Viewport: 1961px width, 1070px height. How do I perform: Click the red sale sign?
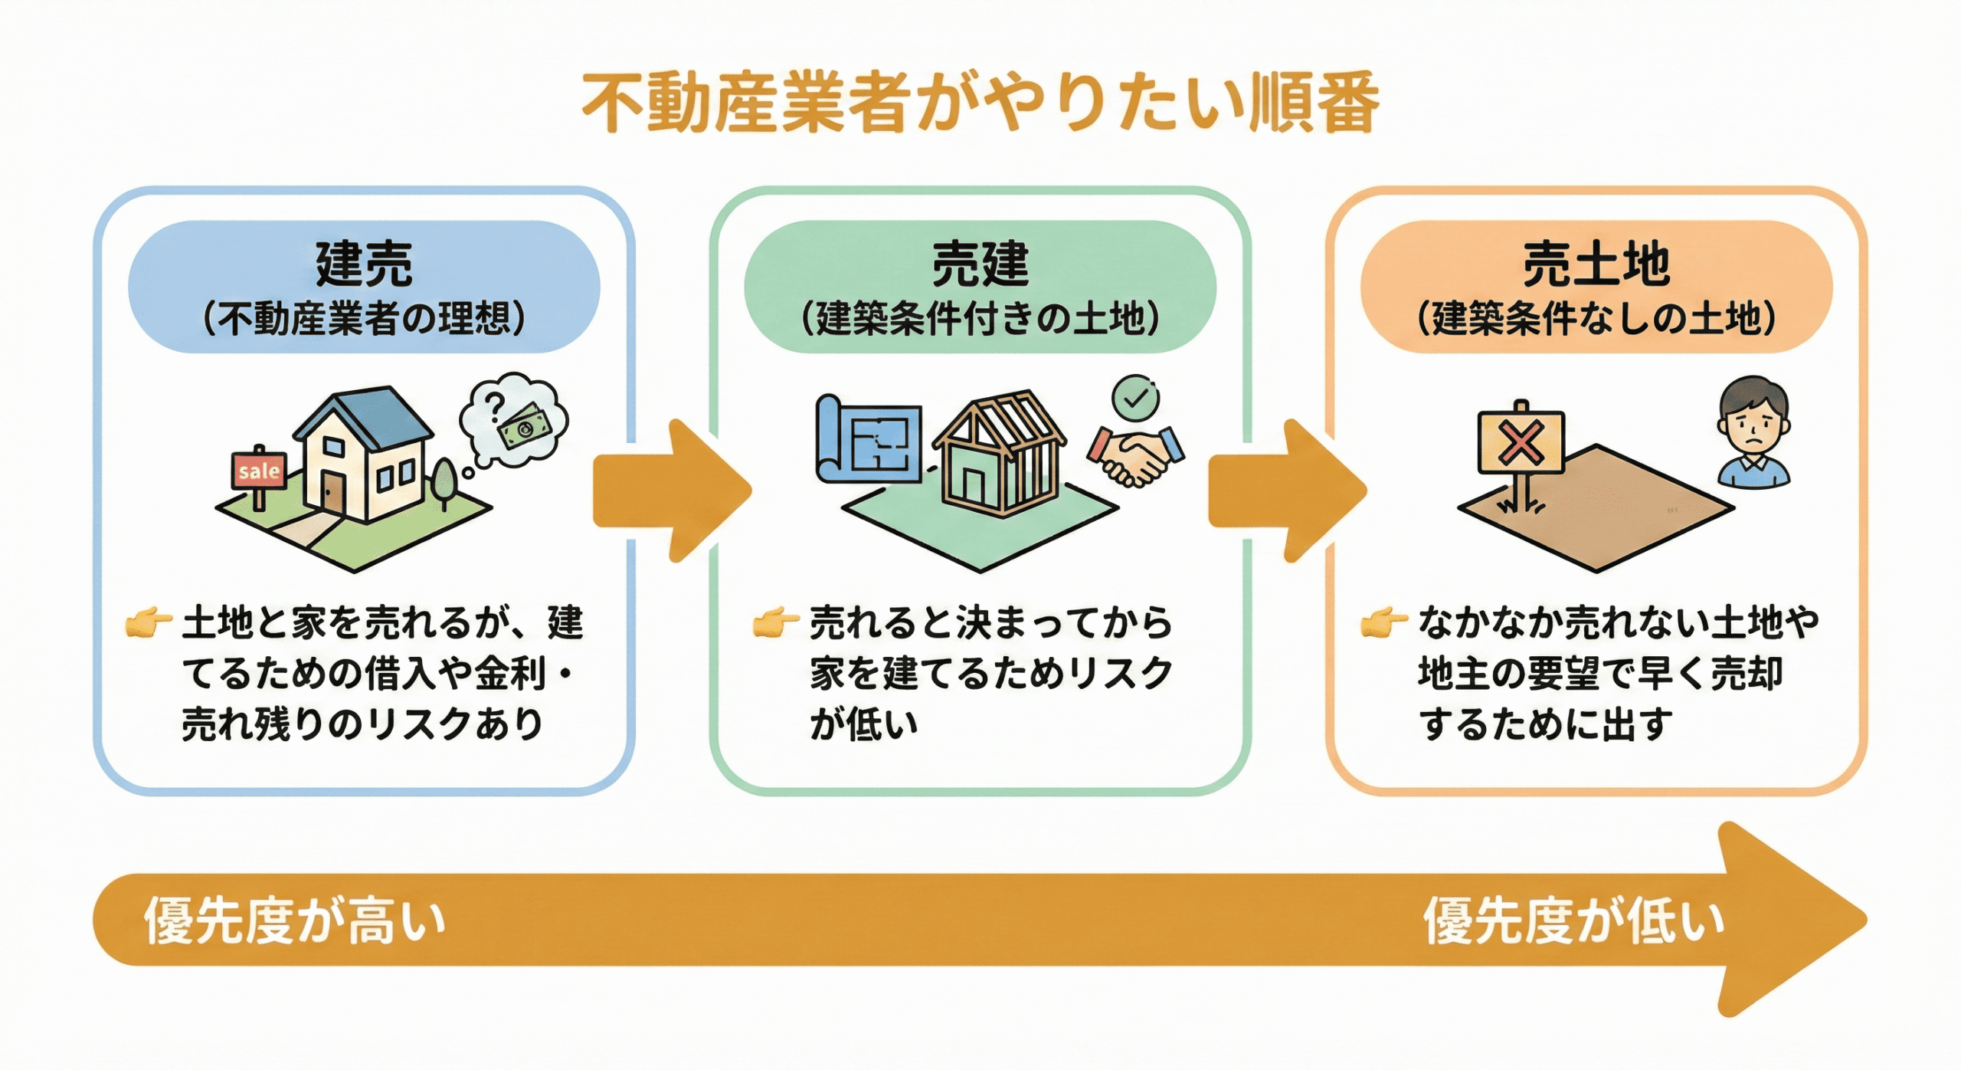click(259, 471)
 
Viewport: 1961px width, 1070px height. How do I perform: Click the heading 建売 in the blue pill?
click(364, 264)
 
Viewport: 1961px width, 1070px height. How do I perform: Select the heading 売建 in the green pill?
click(980, 264)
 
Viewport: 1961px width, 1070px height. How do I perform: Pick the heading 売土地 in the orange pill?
click(1596, 264)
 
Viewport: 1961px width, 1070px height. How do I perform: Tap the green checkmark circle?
click(1135, 398)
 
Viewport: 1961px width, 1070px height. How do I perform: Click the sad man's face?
click(1753, 422)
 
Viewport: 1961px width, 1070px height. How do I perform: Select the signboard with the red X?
click(1521, 444)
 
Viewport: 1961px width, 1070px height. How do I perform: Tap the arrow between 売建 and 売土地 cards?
click(1284, 491)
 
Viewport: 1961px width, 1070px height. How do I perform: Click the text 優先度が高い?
click(295, 920)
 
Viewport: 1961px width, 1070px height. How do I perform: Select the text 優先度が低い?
click(1574, 920)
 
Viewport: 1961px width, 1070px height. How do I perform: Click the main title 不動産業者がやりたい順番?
click(980, 103)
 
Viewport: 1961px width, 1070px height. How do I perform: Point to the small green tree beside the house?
click(444, 480)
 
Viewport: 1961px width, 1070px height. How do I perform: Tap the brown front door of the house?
click(332, 491)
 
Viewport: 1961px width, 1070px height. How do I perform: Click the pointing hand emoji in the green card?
click(775, 622)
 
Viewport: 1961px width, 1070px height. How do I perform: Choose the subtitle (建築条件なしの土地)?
click(1596, 318)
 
